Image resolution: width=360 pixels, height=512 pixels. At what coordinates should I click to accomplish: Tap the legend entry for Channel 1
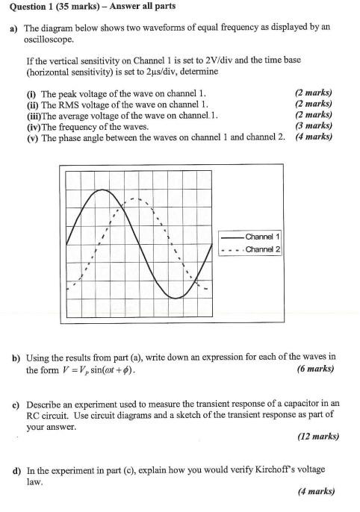pyautogui.click(x=262, y=237)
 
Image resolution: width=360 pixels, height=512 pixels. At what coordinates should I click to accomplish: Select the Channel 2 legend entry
pyautogui.click(x=262, y=249)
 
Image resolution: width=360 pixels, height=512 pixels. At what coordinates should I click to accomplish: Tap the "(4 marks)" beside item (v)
pyautogui.click(x=314, y=137)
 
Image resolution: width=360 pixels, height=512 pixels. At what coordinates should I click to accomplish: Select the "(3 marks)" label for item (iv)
pyautogui.click(x=314, y=126)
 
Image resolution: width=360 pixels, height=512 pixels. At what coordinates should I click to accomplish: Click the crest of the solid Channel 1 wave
pyautogui.click(x=100, y=191)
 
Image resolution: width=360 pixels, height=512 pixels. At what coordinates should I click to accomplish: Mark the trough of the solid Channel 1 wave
pyautogui.click(x=176, y=296)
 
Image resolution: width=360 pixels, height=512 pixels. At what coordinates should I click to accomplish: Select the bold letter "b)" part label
pyautogui.click(x=16, y=358)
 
